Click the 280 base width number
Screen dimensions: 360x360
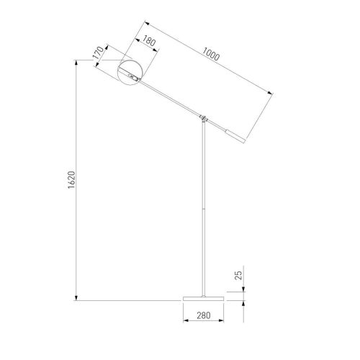pyautogui.click(x=204, y=315)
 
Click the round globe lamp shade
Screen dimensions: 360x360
pyautogui.click(x=130, y=73)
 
